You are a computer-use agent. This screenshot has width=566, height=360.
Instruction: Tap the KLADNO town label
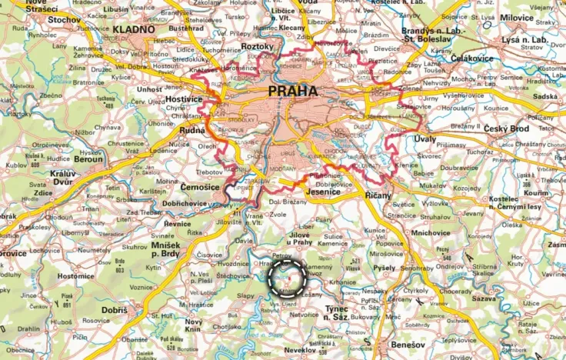pyautogui.click(x=132, y=30)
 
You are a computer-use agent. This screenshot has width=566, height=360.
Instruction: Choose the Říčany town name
pyautogui.click(x=378, y=195)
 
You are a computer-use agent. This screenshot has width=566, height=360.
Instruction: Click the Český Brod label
pyautogui.click(x=509, y=127)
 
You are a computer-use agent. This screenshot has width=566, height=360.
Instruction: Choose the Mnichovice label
pyautogui.click(x=431, y=232)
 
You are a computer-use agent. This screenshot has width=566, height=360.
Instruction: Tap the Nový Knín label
pyautogui.click(x=193, y=325)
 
